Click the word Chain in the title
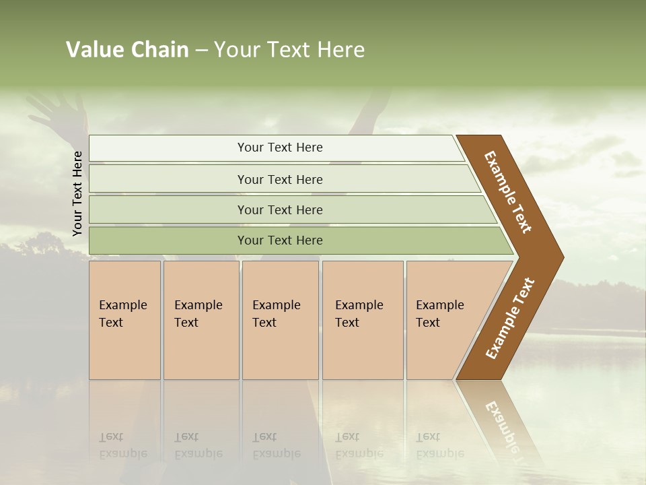click(x=159, y=50)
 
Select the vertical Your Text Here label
click(x=77, y=193)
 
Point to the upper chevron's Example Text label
click(x=508, y=192)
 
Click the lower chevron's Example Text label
click(x=510, y=319)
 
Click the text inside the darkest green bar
click(x=280, y=240)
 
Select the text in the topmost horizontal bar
click(x=280, y=148)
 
